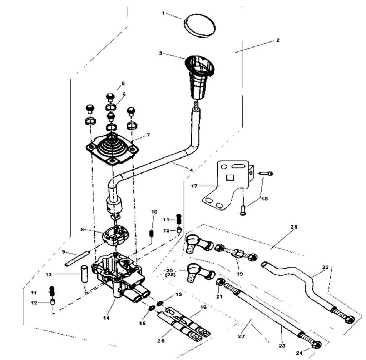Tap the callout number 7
tap(148, 135)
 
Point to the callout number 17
tap(194, 186)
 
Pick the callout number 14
tap(107, 318)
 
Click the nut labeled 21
tap(220, 283)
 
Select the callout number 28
tap(294, 227)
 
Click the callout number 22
tap(325, 267)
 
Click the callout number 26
tap(161, 341)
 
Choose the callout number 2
tap(277, 40)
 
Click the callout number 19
tap(240, 274)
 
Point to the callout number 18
tap(264, 199)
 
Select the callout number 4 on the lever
tap(191, 170)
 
